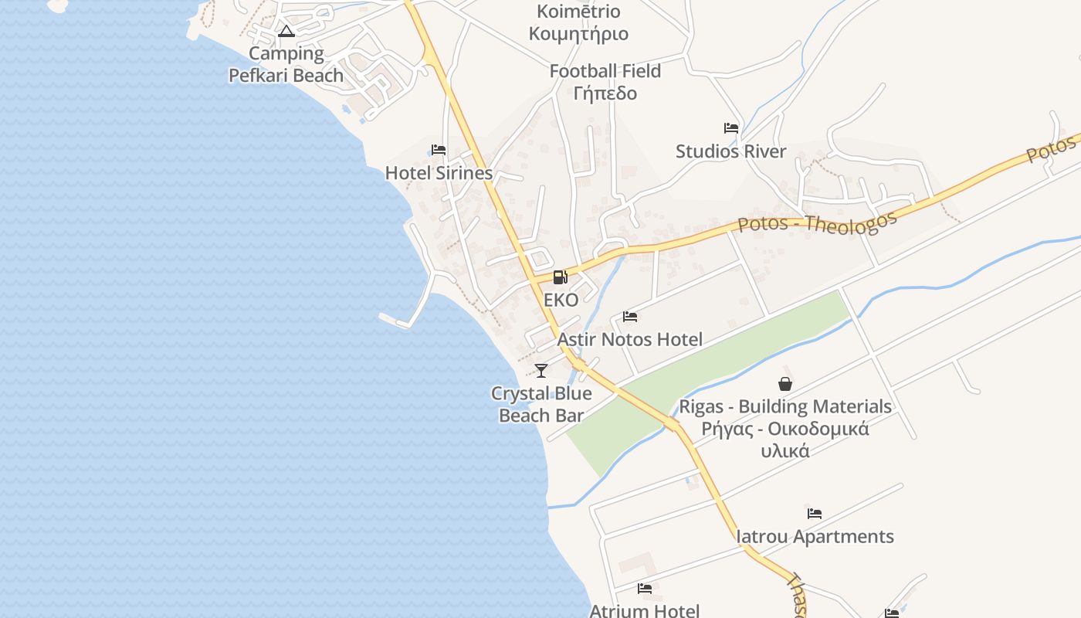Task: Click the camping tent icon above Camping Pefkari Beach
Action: tap(286, 32)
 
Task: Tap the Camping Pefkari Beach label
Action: tap(286, 65)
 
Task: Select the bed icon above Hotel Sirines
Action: tap(439, 150)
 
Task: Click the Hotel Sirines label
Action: tap(439, 173)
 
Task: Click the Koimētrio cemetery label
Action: tap(578, 22)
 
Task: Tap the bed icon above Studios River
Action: tap(730, 128)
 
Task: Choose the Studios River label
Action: tap(730, 151)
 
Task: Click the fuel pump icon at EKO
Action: tap(561, 277)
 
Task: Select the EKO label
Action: tap(561, 301)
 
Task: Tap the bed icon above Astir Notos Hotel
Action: tap(630, 317)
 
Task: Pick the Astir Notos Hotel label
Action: tap(630, 339)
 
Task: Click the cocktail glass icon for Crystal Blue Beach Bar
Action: tap(541, 371)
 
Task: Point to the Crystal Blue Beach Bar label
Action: tap(541, 404)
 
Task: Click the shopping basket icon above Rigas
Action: tap(785, 384)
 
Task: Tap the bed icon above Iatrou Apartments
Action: tap(815, 514)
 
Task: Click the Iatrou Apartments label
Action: tap(815, 536)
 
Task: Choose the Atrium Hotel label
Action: tap(645, 610)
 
